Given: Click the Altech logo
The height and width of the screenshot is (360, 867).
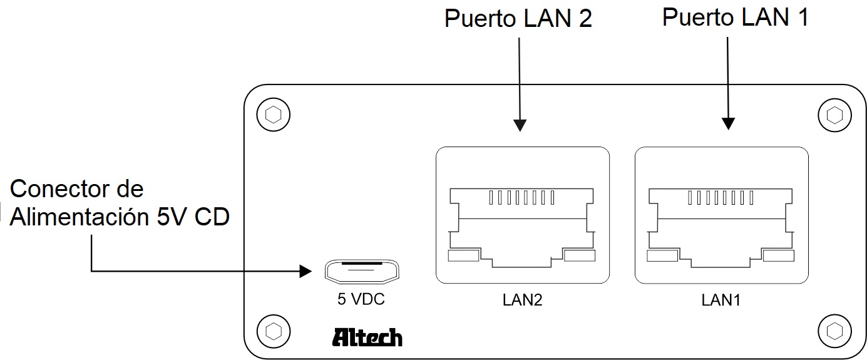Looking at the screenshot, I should (367, 337).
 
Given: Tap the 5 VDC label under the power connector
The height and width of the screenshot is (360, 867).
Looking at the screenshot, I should (361, 300).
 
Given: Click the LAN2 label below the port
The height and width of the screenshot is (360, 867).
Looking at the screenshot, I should (522, 301).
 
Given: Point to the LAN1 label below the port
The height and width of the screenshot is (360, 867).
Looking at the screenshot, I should (721, 301).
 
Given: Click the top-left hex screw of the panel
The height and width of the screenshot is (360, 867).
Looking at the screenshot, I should (273, 115).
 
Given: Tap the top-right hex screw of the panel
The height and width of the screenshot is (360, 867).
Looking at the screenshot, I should (834, 115).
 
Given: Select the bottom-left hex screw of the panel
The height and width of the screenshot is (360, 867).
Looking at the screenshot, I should (273, 330).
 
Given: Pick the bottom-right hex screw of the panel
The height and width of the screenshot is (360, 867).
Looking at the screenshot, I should (834, 330).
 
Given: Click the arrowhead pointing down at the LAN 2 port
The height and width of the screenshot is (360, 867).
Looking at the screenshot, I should (520, 125).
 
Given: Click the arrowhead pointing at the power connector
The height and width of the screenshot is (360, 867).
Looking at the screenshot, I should (305, 271).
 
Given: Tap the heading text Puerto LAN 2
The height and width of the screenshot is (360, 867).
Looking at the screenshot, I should (518, 19).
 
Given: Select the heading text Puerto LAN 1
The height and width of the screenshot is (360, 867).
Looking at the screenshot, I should (735, 18).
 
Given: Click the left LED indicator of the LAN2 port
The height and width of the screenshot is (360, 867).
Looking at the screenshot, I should (463, 255).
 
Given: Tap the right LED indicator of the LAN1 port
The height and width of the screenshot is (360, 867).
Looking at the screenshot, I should (778, 255).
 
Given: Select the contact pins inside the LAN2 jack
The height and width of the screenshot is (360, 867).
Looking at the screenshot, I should (522, 198).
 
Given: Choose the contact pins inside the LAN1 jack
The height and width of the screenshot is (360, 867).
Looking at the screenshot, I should (721, 198).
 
